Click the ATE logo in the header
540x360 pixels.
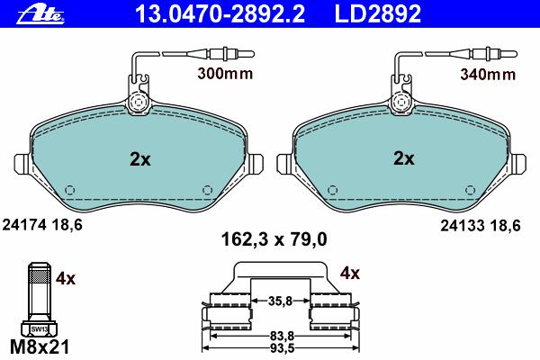[x=40, y=14]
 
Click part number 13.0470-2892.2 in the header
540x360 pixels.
[x=220, y=14]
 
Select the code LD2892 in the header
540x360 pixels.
[x=378, y=14]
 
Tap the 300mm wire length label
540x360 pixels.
[x=225, y=74]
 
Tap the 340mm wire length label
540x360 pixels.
[x=488, y=74]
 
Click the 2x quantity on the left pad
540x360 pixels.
[x=140, y=159]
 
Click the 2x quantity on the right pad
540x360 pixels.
[x=404, y=158]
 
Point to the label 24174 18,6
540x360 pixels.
[x=42, y=225]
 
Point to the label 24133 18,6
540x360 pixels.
[x=481, y=226]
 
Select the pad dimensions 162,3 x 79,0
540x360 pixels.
[x=274, y=239]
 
